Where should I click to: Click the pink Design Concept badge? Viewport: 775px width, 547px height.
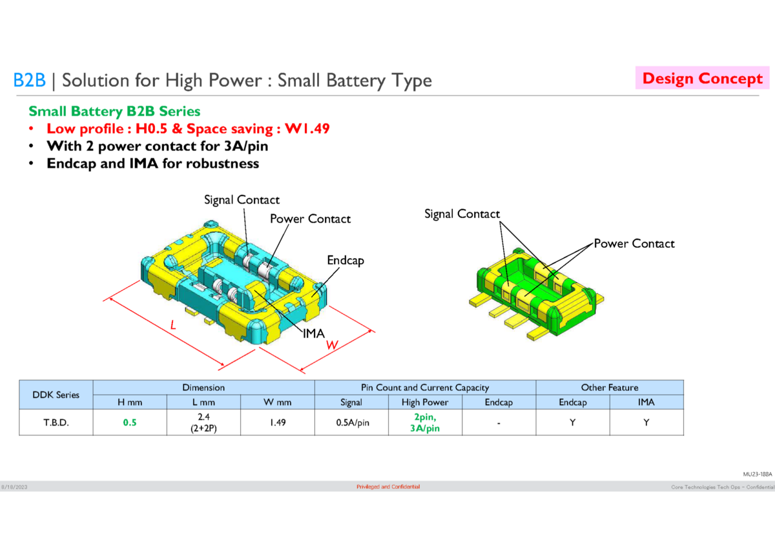click(702, 79)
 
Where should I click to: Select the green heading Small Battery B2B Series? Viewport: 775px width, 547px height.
click(114, 112)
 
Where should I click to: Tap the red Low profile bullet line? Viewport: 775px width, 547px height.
click(188, 128)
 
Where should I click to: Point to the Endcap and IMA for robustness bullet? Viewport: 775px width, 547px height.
click(152, 163)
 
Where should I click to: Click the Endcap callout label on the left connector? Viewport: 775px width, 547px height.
click(345, 261)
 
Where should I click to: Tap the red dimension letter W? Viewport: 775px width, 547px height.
click(332, 346)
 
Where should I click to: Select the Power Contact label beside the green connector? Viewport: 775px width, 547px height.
click(634, 244)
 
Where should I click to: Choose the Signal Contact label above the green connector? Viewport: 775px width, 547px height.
click(462, 214)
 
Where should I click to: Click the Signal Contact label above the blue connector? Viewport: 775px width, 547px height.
click(242, 200)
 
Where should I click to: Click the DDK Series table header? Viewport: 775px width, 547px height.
click(56, 395)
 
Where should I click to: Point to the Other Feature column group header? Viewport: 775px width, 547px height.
click(609, 388)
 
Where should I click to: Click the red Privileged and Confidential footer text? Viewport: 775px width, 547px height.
click(387, 486)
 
